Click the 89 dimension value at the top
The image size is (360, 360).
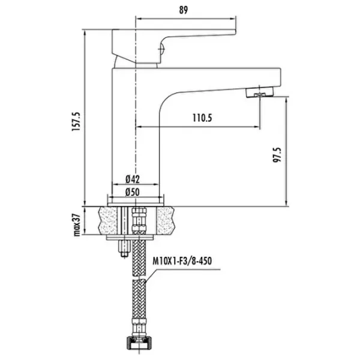184,10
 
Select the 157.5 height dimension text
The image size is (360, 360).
76,122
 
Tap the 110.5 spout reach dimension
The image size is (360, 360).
202,118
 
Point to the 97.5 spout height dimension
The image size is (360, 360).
277,155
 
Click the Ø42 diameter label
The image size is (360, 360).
133,179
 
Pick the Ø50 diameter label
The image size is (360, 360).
133,192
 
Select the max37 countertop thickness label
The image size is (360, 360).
77,225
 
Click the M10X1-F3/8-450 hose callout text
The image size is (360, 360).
182,261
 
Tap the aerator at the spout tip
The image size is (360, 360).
260,92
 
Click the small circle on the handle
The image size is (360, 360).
161,49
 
